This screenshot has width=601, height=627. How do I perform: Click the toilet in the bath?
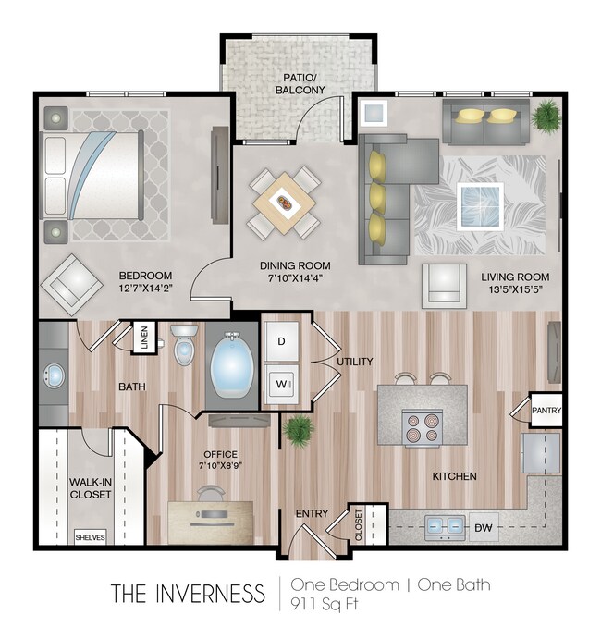pos(184,344)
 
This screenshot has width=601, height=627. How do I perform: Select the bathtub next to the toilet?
pos(232,364)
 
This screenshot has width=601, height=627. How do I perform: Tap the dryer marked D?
pos(281,341)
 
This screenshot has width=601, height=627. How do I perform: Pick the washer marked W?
pos(281,385)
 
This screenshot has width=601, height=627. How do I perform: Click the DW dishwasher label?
pos(484,528)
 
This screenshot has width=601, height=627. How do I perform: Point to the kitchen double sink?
pos(445,527)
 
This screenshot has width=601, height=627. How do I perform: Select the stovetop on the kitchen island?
pos(423,427)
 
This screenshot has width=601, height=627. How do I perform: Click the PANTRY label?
pos(546,411)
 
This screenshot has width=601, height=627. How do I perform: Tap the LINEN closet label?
pos(144,338)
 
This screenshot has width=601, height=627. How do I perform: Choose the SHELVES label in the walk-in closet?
pos(91,537)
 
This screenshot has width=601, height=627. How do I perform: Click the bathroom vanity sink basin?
pos(54,375)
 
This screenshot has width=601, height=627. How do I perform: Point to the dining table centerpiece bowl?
pos(285,203)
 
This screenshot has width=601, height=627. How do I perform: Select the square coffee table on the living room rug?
pos(480,206)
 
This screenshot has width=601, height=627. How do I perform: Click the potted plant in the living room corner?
pos(546,115)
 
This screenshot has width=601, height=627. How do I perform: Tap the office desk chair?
pos(211,494)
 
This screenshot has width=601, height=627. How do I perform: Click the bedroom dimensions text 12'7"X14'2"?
pos(145,288)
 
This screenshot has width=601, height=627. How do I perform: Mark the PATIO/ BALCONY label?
pos(300,83)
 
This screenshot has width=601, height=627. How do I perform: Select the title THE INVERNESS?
pos(188,593)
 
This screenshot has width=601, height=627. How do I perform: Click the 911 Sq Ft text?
pos(325,603)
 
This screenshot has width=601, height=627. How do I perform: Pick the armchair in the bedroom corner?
pos(71,285)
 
